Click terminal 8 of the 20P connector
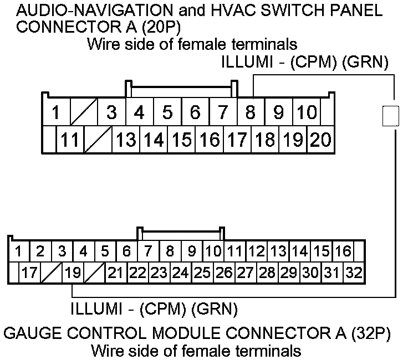coord(251,113)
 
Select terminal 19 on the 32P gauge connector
coord(72,272)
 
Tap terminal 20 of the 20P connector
coord(320,140)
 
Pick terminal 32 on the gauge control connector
coord(353,272)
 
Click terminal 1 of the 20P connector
coord(56,113)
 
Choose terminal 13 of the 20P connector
coord(126,140)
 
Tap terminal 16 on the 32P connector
coord(343,251)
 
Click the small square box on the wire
coord(391,116)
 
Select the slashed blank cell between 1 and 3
coord(84,113)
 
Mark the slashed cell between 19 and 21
coord(93,272)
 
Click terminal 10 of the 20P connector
coord(306,113)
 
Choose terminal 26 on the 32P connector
coord(224,272)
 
